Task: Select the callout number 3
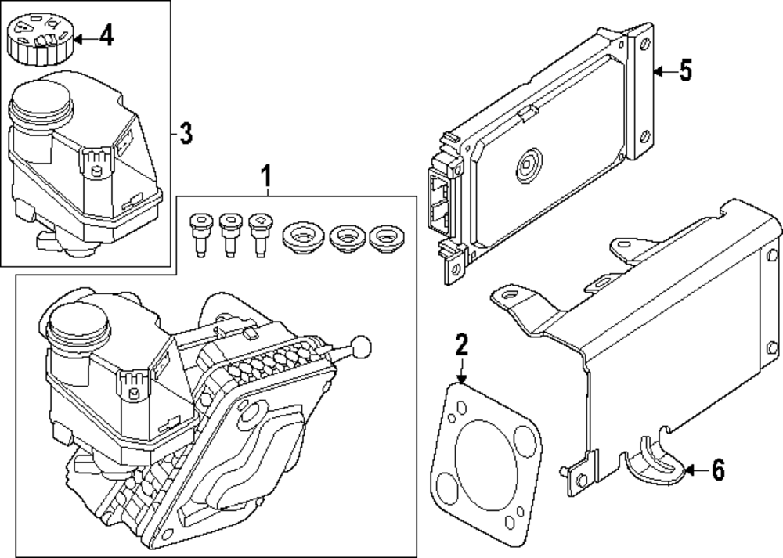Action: [186, 134]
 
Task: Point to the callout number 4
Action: [106, 35]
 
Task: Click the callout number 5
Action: [685, 71]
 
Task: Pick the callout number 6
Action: [717, 470]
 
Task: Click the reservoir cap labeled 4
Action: [38, 36]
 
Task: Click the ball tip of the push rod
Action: [361, 344]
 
